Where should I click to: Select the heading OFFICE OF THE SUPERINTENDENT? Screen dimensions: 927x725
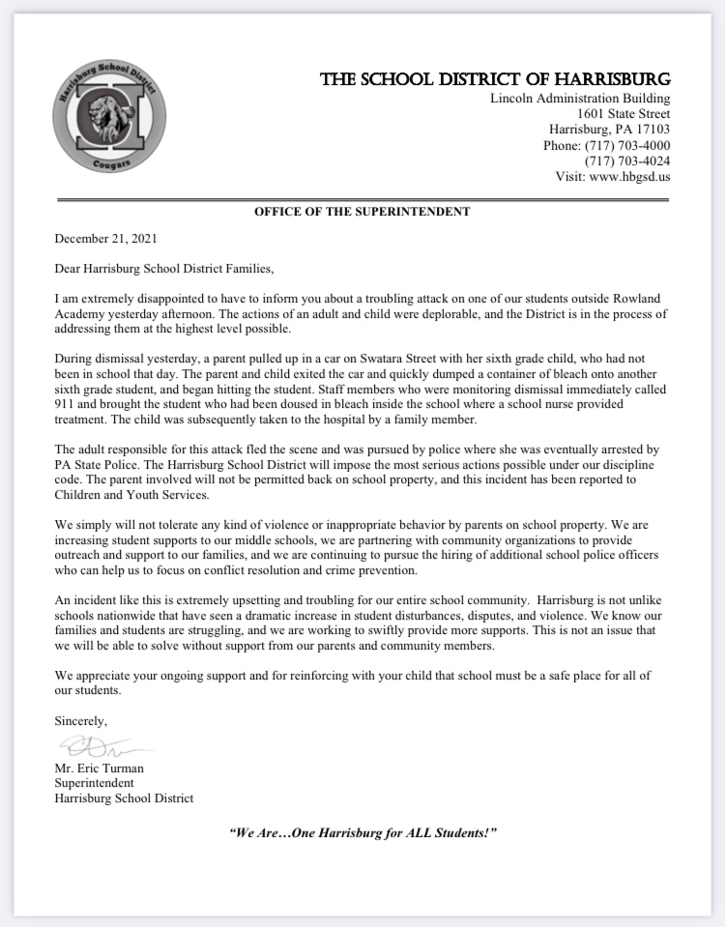362,211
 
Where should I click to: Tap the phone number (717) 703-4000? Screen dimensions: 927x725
626,146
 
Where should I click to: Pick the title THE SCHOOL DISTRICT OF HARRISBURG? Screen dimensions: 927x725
496,79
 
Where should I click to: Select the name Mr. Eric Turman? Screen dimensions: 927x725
100,768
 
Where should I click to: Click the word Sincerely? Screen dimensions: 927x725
81,721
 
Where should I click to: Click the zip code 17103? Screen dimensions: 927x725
650,130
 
